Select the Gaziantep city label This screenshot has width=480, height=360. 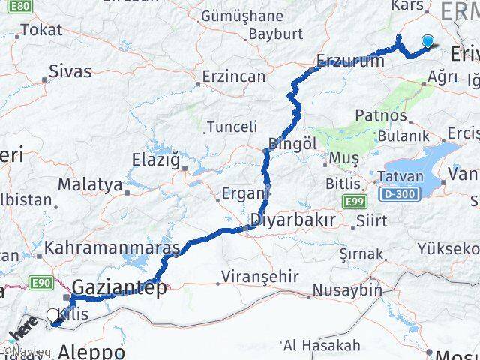pos(120,285)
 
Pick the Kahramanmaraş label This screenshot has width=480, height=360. pos(112,246)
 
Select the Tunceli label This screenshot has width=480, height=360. pos(232,126)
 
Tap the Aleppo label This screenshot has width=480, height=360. pos(92,351)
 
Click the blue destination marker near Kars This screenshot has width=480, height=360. pos(429,42)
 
